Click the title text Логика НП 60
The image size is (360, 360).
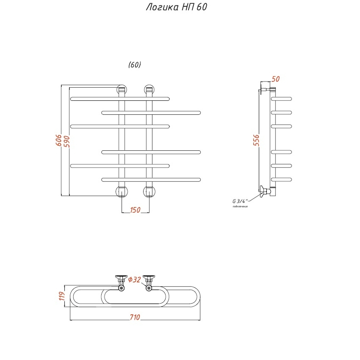point(176,8)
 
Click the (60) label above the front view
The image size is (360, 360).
point(135,65)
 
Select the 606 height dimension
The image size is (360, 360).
point(58,141)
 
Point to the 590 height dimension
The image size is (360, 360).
point(66,141)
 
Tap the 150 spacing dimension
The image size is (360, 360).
point(135,210)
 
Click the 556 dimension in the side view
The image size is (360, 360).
point(256,141)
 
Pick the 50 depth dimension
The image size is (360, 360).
point(276,79)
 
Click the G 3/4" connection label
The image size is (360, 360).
point(240,201)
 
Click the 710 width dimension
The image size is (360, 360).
point(135,318)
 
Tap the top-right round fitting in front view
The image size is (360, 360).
point(149,90)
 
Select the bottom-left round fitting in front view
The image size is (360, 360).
point(121,192)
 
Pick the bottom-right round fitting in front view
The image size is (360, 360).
point(149,192)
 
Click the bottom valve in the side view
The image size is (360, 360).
point(264,192)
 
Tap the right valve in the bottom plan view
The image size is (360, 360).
point(149,282)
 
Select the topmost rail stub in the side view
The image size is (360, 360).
point(282,98)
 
